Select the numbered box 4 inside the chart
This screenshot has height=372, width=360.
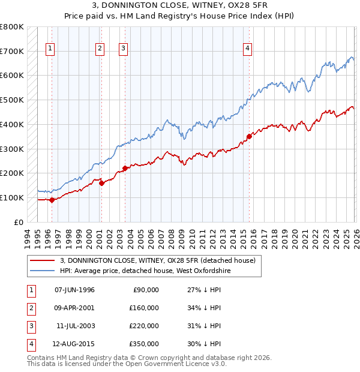pyautogui.click(x=247, y=50)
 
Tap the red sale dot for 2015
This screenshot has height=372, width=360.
pyautogui.click(x=249, y=136)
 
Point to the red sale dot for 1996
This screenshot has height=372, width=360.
pyautogui.click(x=52, y=200)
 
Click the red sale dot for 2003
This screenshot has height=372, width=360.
pyautogui.click(x=125, y=168)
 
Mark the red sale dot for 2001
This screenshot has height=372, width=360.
pyautogui.click(x=101, y=183)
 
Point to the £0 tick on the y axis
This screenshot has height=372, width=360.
pyautogui.click(x=18, y=222)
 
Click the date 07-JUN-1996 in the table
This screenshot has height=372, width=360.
pyautogui.click(x=74, y=290)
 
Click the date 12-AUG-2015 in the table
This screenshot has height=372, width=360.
pyautogui.click(x=74, y=344)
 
